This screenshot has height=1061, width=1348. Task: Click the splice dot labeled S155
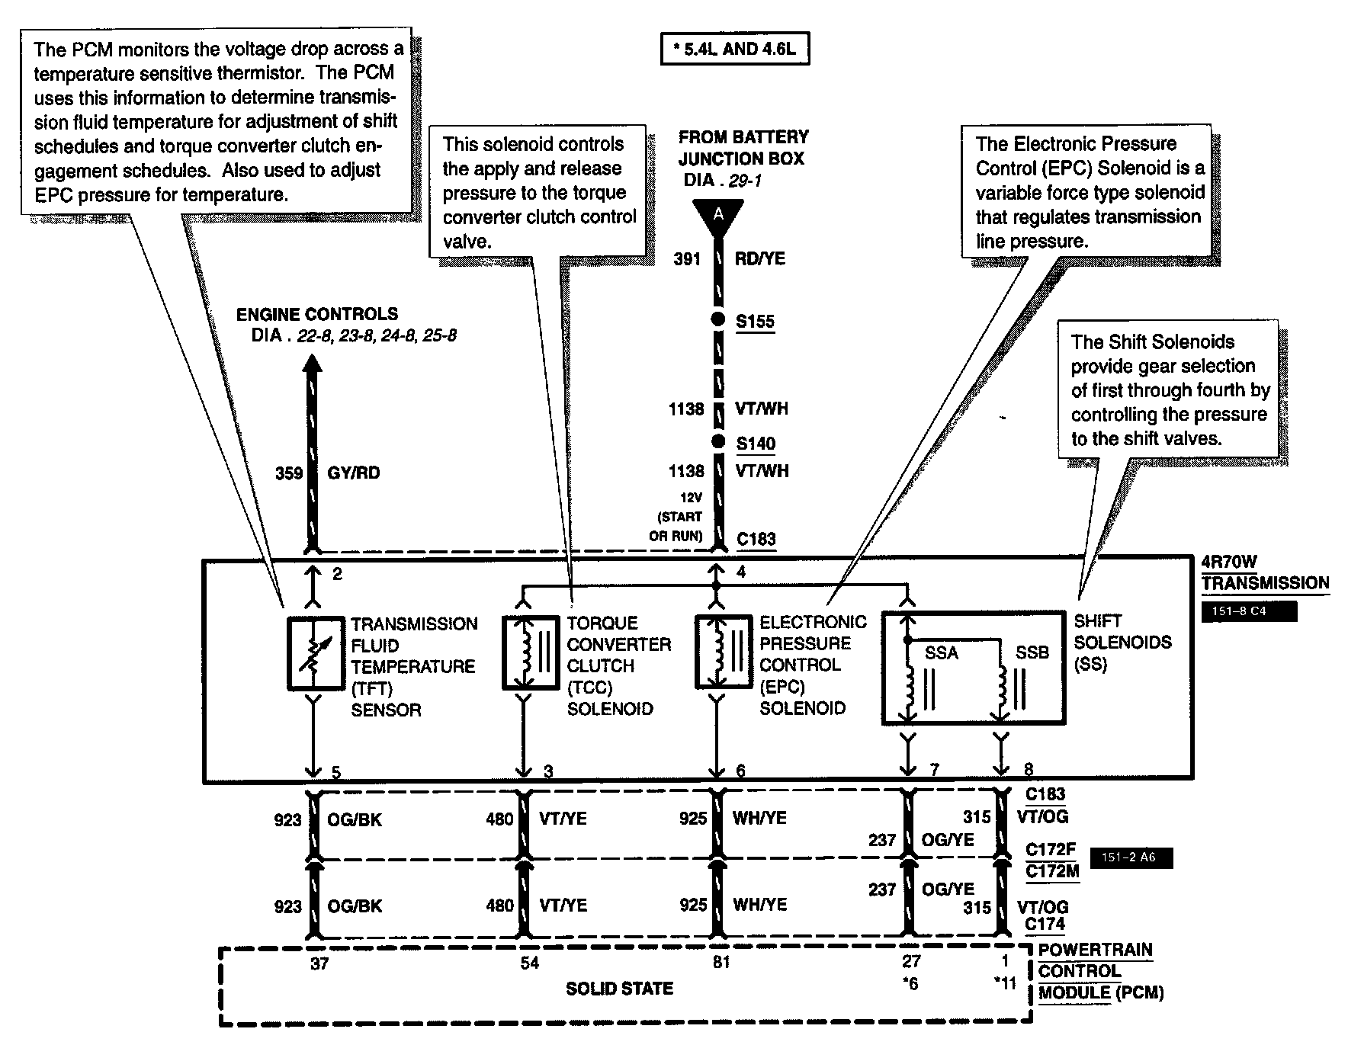(717, 320)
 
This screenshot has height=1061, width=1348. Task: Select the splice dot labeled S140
(717, 441)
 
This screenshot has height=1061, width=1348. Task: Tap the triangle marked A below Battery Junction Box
(717, 216)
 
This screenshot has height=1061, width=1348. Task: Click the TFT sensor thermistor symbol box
(315, 652)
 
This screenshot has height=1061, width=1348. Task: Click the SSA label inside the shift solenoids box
(941, 653)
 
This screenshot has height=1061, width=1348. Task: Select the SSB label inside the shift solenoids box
(1032, 653)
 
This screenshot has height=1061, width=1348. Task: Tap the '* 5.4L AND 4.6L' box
(734, 50)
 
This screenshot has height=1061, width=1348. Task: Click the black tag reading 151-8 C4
(1248, 611)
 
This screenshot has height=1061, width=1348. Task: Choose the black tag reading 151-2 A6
(1132, 857)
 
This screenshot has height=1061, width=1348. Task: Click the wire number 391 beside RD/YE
(686, 259)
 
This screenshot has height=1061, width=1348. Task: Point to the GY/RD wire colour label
(353, 473)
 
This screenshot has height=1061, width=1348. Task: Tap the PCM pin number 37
(319, 963)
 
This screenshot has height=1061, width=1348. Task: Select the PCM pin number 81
(721, 963)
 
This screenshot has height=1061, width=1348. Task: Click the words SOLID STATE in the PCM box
(619, 989)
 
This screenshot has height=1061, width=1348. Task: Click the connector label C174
(1045, 925)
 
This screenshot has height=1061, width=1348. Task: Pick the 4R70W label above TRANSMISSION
(1228, 563)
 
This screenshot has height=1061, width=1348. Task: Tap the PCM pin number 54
(529, 963)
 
